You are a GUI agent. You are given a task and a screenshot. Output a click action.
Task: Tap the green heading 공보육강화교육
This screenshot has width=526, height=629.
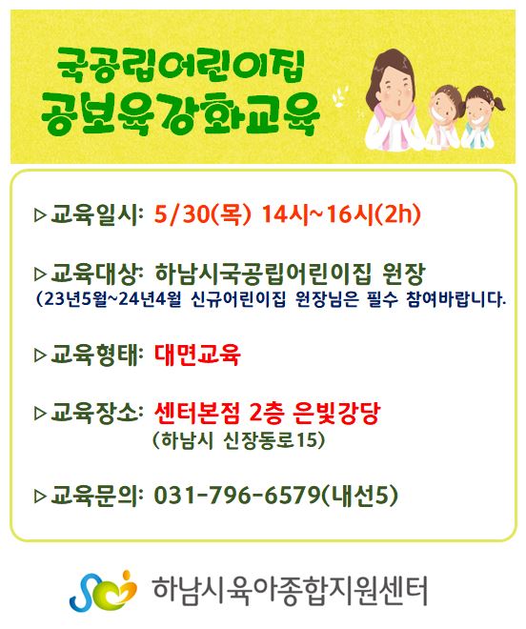pos(180,113)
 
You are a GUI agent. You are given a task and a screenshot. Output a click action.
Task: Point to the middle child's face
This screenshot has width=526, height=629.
pos(445,105)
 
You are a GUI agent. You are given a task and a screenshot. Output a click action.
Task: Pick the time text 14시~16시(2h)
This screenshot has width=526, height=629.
pos(341,214)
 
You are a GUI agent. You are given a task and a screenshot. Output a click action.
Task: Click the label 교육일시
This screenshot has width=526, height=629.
pos(95,214)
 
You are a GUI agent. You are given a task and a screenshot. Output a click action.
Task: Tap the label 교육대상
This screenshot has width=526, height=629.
pos(95,274)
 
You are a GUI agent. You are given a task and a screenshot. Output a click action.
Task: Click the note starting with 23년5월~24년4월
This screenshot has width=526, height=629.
pos(272,299)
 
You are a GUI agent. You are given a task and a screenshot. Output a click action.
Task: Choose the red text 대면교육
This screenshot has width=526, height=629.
pos(197,355)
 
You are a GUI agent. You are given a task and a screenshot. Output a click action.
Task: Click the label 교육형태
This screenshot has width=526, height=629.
pos(95,355)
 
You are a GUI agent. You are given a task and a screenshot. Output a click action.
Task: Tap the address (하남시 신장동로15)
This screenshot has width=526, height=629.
pos(239,440)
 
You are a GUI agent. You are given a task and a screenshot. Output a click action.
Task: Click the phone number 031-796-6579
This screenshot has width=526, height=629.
pos(237,495)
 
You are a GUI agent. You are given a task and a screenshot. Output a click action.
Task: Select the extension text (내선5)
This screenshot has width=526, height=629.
pos(360,495)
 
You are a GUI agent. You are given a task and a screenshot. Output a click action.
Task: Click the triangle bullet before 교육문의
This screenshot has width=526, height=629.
pos(41,497)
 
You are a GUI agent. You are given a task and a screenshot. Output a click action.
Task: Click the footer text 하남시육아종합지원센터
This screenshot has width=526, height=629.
pos(290,592)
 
